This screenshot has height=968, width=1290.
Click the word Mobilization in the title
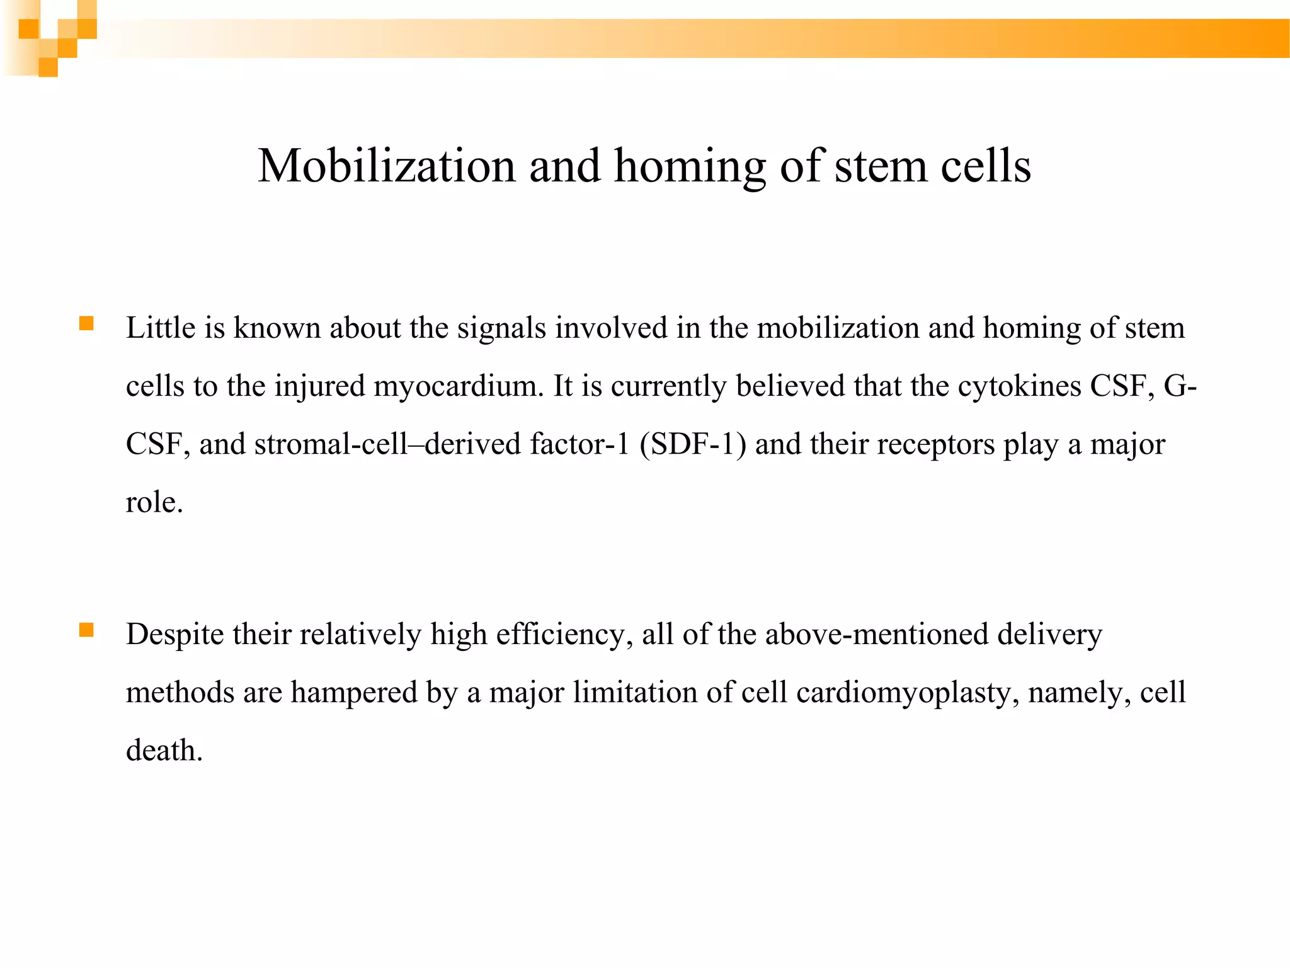386,166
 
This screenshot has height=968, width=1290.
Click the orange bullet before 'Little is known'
86,324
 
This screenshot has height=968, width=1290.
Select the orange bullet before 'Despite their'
86,630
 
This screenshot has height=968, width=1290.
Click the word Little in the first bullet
161,328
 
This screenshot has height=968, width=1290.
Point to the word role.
154,502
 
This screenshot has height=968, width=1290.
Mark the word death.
164,751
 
